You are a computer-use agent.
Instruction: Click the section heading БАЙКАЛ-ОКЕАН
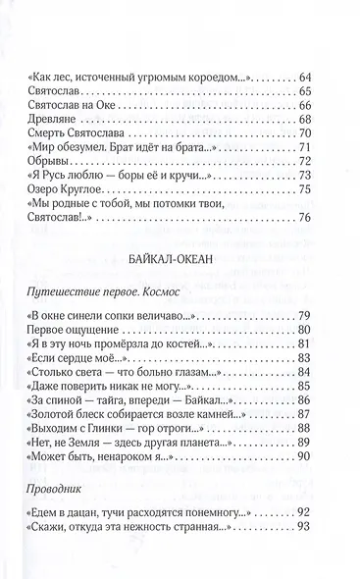pyautogui.click(x=180, y=259)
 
